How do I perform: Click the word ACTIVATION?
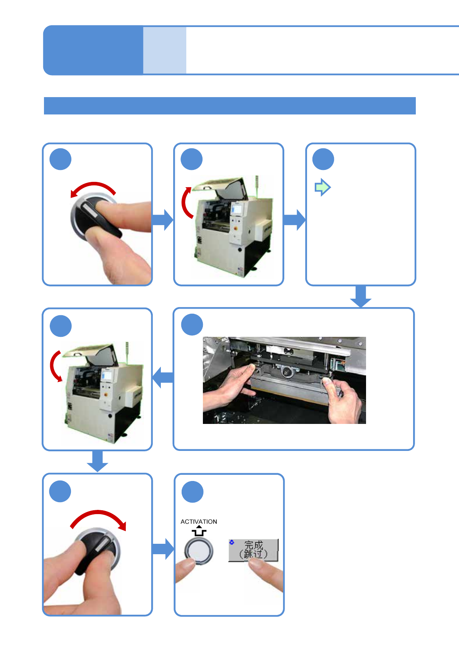pos(199,521)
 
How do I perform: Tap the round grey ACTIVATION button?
pos(198,550)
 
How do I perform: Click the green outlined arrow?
pos(322,188)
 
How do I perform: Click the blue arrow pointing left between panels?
pos(163,377)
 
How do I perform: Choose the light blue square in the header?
pos(165,50)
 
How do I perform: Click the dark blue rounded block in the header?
pos(93,50)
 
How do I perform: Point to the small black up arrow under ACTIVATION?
pos(199,531)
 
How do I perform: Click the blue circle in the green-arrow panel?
pos(323,159)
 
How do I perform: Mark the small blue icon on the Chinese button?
pos(232,542)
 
